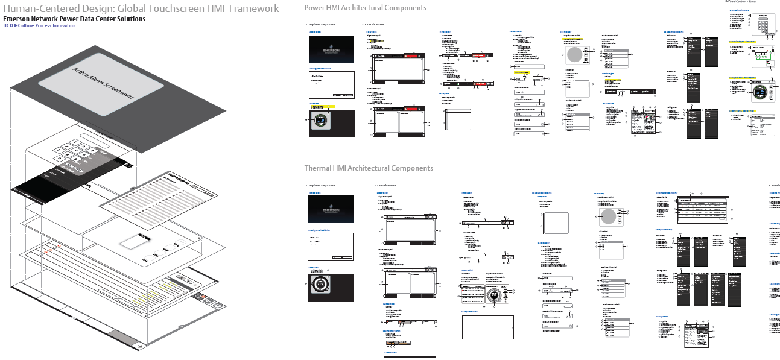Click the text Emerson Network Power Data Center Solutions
click(x=74, y=19)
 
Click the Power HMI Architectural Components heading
click(x=365, y=8)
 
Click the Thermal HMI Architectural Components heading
click(x=368, y=168)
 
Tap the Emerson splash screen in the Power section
click(x=331, y=49)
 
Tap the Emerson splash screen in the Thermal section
click(x=331, y=209)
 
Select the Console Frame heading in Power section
click(x=372, y=25)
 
